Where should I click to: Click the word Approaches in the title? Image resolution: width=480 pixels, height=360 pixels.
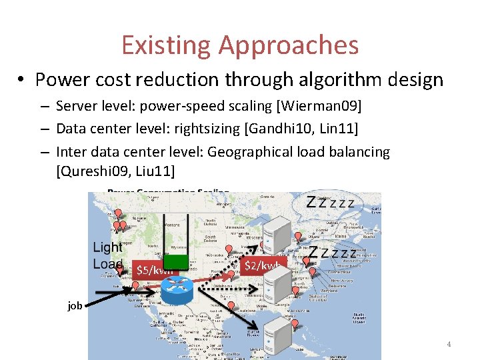point(288,45)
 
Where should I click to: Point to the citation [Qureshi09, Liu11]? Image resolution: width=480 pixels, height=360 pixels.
point(115,171)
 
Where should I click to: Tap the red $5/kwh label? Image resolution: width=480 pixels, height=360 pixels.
point(155,270)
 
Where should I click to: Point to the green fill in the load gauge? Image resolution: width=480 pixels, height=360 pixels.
point(175,257)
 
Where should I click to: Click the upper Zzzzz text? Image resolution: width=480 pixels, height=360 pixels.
point(330,201)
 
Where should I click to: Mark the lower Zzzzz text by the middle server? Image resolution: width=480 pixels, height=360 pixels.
point(333,253)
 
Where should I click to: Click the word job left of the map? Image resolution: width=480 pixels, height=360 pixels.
point(75,305)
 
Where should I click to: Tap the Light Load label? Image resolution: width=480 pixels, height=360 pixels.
point(107,255)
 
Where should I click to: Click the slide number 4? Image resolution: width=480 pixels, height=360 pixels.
point(449,344)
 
